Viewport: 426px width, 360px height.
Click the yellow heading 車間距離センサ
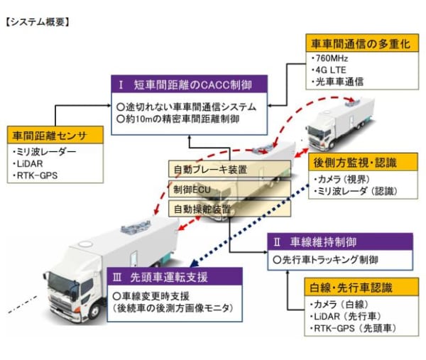tap(45, 135)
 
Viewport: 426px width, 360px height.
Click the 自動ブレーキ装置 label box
tap(209, 170)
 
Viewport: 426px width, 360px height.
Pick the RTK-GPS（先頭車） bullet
tap(353, 329)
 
